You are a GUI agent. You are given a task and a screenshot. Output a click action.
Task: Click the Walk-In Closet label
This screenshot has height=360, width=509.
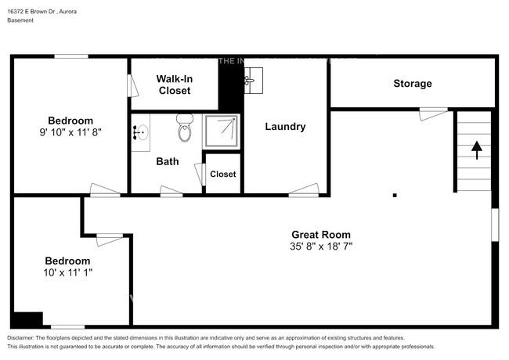pyautogui.click(x=175, y=85)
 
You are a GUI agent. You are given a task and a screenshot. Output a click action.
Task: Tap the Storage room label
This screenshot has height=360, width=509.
pyautogui.click(x=413, y=83)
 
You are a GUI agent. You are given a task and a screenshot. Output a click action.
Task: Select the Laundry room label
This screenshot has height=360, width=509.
pyautogui.click(x=285, y=127)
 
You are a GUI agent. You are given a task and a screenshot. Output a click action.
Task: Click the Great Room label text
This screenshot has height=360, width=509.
pyautogui.click(x=321, y=234)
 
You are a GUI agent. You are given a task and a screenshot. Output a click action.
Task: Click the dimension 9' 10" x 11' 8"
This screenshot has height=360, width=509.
pyautogui.click(x=70, y=132)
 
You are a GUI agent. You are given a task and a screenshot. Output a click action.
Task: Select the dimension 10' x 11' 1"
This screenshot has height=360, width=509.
pyautogui.click(x=67, y=273)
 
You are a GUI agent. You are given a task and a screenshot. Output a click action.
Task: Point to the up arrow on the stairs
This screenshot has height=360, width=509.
pyautogui.click(x=476, y=146)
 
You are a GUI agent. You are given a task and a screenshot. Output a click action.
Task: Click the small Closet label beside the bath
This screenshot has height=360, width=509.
pyautogui.click(x=223, y=174)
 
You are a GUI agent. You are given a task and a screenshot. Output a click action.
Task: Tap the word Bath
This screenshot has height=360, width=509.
pyautogui.click(x=167, y=162)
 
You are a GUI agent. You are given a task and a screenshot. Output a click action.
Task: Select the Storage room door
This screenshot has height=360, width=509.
pyautogui.click(x=433, y=114)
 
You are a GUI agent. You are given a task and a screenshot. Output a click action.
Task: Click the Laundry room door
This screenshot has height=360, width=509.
pyautogui.click(x=304, y=190)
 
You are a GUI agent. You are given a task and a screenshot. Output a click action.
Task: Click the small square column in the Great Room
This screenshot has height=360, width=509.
pyautogui.click(x=395, y=195)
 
